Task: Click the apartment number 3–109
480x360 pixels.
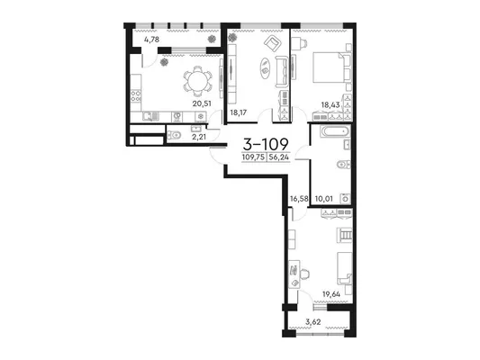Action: click(x=266, y=143)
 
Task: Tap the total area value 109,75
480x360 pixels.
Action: click(x=253, y=157)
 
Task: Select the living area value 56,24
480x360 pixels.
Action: click(x=279, y=157)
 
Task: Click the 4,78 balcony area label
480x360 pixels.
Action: click(x=151, y=40)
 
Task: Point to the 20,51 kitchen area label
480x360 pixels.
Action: click(x=202, y=103)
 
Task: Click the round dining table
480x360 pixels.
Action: click(x=197, y=81)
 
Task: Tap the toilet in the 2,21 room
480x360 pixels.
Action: click(x=173, y=134)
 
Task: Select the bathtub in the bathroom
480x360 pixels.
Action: click(x=335, y=131)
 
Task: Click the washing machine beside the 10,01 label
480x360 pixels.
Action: click(x=345, y=199)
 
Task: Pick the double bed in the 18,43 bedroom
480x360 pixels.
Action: click(x=331, y=67)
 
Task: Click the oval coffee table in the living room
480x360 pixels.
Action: click(x=265, y=67)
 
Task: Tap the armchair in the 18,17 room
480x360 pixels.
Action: click(x=273, y=43)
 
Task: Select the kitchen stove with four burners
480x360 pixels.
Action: click(x=136, y=96)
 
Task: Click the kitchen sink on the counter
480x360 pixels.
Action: click(x=150, y=116)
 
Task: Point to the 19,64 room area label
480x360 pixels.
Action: click(x=331, y=294)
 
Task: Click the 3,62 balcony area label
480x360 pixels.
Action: click(x=313, y=321)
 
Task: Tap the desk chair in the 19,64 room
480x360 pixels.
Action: click(x=305, y=274)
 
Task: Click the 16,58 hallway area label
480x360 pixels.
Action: click(x=299, y=199)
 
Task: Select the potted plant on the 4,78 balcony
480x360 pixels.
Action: click(x=212, y=39)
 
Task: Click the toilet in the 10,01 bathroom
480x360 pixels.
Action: click(x=343, y=165)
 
